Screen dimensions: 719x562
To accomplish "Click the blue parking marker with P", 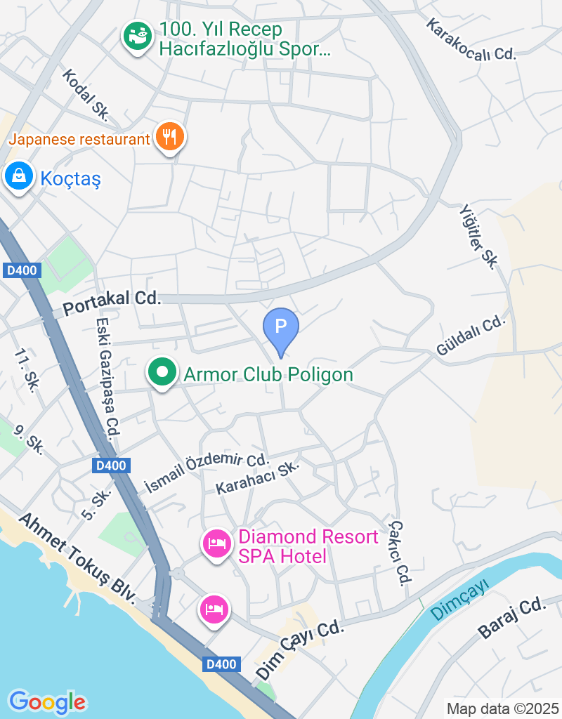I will tap(281, 327).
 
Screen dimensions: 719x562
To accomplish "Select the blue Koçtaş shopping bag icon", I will tap(18, 176).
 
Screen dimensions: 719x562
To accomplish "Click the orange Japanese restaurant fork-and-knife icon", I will tap(169, 137).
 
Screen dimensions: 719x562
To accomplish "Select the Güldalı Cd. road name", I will tap(471, 336).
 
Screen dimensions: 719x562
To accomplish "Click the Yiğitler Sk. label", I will tap(478, 237).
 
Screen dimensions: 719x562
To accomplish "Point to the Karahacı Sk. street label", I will tap(258, 478).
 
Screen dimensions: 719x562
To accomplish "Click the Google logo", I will tap(47, 701).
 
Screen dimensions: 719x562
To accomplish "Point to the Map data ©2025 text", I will tap(502, 708).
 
